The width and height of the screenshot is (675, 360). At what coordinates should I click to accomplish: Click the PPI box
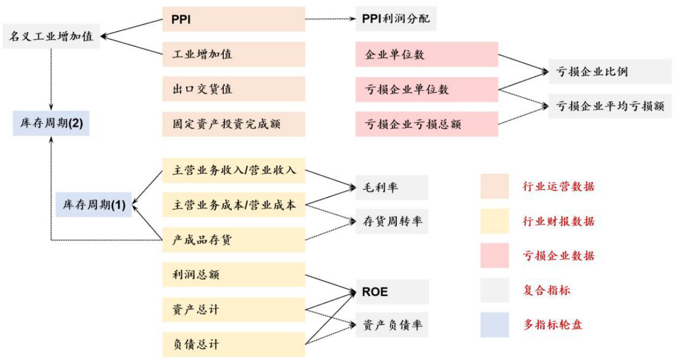click(234, 20)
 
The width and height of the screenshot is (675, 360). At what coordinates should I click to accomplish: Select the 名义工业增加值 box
click(51, 37)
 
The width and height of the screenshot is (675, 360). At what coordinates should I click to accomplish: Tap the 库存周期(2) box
click(51, 123)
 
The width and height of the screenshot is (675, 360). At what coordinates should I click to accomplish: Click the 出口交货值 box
click(234, 89)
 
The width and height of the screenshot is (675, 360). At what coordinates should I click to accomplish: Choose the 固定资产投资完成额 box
click(234, 123)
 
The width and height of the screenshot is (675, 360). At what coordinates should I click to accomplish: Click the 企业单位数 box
click(427, 55)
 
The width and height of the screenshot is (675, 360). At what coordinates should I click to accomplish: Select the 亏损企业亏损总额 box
click(427, 123)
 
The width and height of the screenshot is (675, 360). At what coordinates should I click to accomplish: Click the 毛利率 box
click(392, 187)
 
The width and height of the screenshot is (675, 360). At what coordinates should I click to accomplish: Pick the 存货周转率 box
click(392, 222)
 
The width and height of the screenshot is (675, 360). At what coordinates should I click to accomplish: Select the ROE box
click(392, 291)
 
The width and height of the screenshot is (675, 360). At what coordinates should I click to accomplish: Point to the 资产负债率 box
click(392, 325)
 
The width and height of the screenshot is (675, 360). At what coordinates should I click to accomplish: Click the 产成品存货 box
click(234, 240)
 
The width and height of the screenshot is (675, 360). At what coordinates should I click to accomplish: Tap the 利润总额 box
click(234, 275)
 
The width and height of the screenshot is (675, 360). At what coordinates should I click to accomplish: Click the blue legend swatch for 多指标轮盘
click(494, 325)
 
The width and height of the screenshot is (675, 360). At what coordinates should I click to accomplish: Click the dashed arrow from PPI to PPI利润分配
click(330, 20)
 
